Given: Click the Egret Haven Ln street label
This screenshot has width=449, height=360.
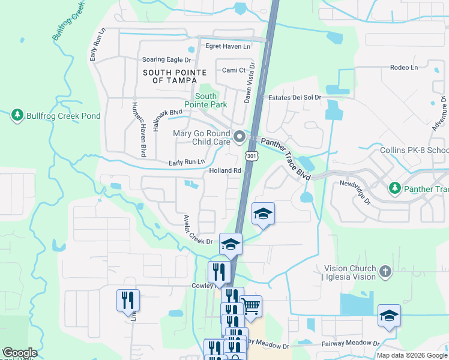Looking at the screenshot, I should pos(228,46).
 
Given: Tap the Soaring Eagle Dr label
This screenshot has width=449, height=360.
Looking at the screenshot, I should pos(166,60).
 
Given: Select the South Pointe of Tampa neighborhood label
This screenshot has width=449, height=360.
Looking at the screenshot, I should pos(175,76).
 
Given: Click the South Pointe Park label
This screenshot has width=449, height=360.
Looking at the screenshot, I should pos(206,100).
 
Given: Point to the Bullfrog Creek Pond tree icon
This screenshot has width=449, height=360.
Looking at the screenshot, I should pos(17,115).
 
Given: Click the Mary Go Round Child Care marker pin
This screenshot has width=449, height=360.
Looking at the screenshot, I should pos(240,138).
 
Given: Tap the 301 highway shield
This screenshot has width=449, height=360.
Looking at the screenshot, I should pos(251,157).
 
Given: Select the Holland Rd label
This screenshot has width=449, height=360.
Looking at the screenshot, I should pos(225,171).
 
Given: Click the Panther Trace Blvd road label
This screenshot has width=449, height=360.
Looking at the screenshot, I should pos(286,159).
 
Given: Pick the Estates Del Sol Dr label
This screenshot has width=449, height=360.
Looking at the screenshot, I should pos(295,98).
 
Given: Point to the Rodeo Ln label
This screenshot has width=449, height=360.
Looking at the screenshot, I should pos(403,68).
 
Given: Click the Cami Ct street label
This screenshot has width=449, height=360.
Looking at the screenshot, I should pos(234,70).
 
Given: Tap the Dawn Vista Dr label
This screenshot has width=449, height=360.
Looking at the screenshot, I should pos(249,84).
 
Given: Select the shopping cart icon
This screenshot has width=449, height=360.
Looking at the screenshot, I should pos(251,307).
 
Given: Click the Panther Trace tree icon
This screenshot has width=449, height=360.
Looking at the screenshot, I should pos(395,189).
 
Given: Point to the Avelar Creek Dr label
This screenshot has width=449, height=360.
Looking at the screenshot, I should pos(198,229).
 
